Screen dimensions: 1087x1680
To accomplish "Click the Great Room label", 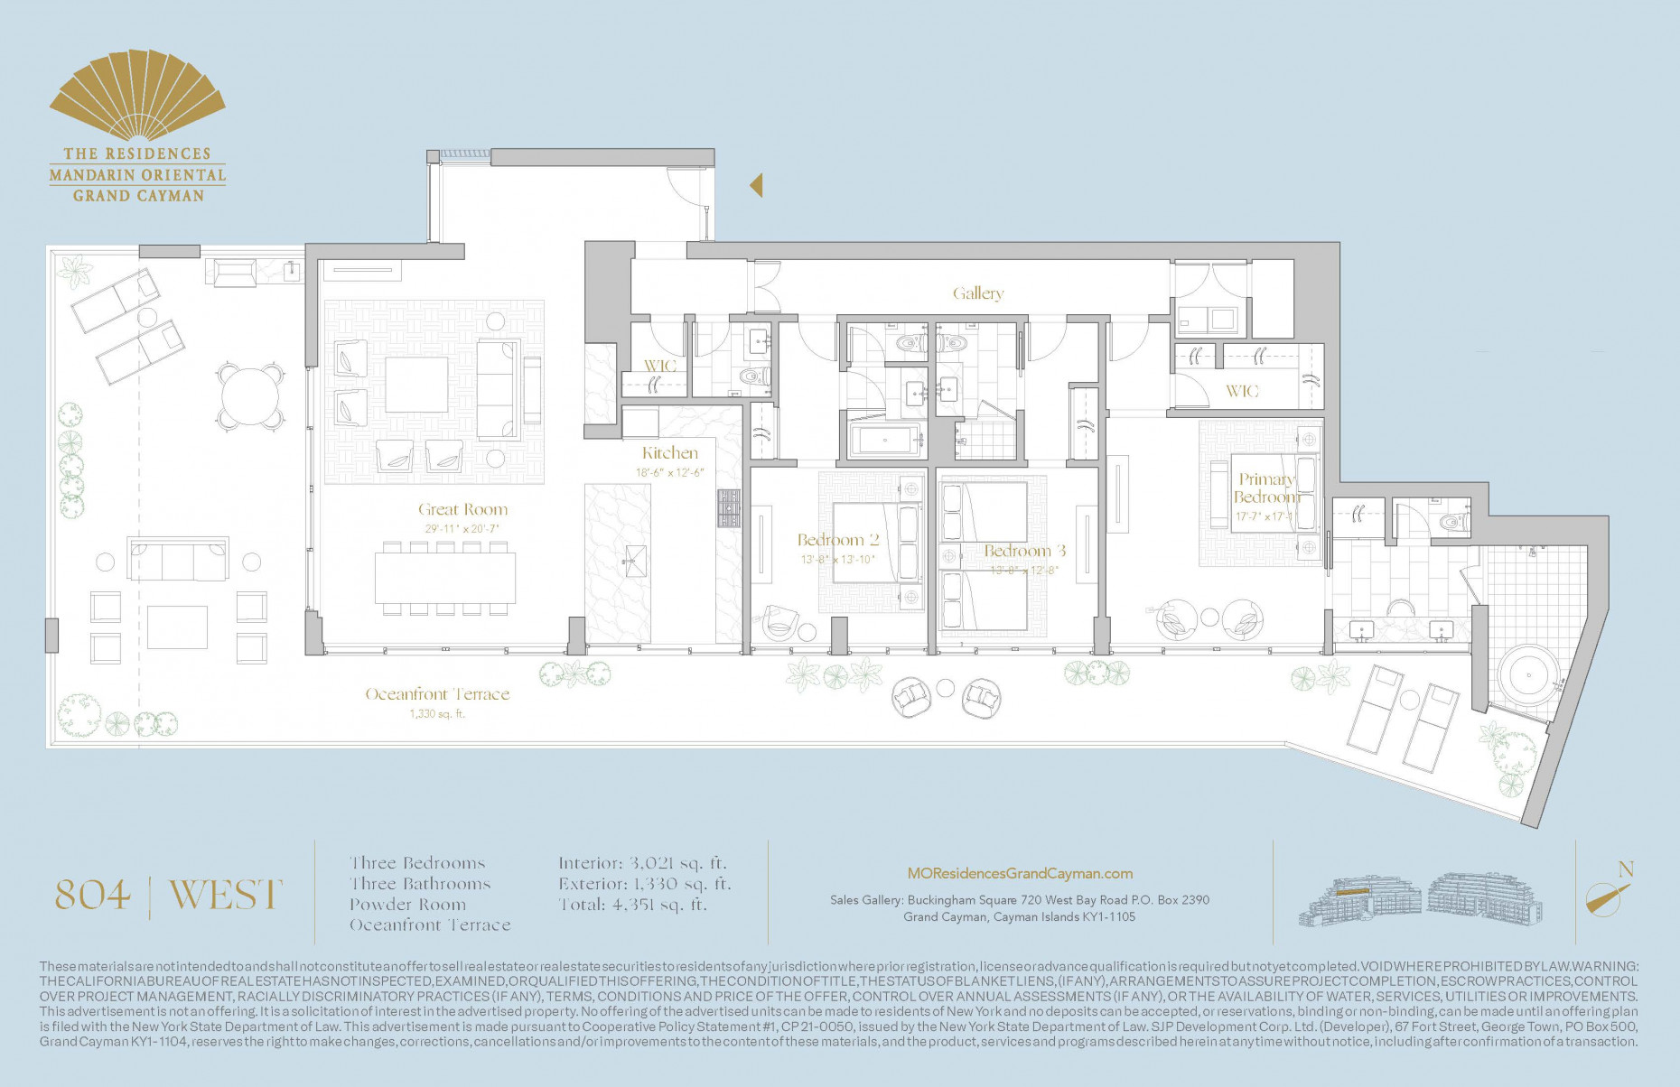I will click(x=462, y=509).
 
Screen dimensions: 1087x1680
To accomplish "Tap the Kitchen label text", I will click(x=670, y=453).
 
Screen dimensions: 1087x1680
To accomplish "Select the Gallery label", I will click(x=977, y=293).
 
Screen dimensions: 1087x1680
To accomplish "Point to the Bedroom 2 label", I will click(x=837, y=540).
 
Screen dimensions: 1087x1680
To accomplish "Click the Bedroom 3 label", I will click(x=1024, y=551).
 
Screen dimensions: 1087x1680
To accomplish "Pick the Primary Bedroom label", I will click(x=1265, y=488).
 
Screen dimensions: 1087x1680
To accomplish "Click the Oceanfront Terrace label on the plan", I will click(x=437, y=694).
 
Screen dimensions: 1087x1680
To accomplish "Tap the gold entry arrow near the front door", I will click(x=756, y=185).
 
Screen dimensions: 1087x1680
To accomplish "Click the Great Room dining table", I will click(x=444, y=578).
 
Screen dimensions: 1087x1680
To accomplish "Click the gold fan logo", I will click(x=136, y=97).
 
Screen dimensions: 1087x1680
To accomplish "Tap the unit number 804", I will click(x=93, y=895).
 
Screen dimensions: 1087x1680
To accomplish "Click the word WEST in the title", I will click(x=226, y=895).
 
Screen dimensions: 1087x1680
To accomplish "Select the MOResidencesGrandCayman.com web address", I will click(x=1019, y=873).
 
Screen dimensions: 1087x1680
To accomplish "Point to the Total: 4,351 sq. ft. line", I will click(x=632, y=905).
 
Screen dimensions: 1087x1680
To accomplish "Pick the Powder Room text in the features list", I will click(x=407, y=905).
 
